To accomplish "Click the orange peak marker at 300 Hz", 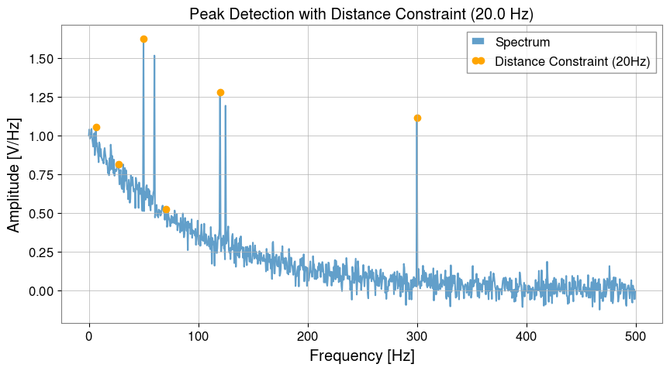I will tap(417, 118).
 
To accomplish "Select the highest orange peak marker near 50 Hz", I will tap(143, 39).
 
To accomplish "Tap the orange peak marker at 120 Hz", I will tap(220, 92).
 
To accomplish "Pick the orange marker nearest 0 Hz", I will tap(96, 127).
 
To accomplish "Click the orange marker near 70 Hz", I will tap(166, 209).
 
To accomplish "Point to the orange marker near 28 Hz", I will tap(119, 164).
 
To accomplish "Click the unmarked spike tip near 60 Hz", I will tap(154, 56).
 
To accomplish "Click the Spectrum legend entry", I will tap(522, 42).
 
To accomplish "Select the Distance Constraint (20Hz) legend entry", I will tap(572, 61).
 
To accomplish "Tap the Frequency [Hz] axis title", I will tap(361, 356).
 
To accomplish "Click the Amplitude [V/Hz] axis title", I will tap(14, 174).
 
